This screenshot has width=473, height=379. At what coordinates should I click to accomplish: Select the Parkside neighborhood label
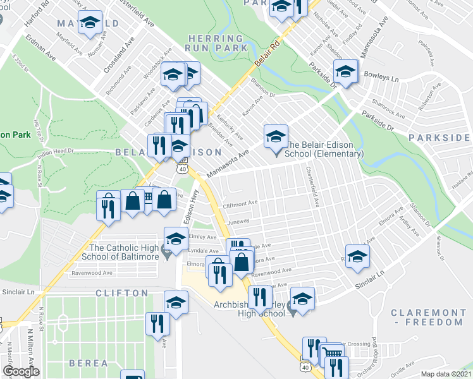tap(439, 137)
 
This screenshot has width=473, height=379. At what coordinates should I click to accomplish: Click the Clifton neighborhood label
tap(121, 293)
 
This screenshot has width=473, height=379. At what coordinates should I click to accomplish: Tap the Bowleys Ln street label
tap(385, 80)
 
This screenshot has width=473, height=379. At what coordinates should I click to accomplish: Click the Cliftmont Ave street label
tap(240, 203)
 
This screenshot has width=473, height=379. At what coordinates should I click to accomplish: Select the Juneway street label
tap(238, 222)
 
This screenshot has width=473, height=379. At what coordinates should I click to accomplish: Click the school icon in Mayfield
tap(90, 23)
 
